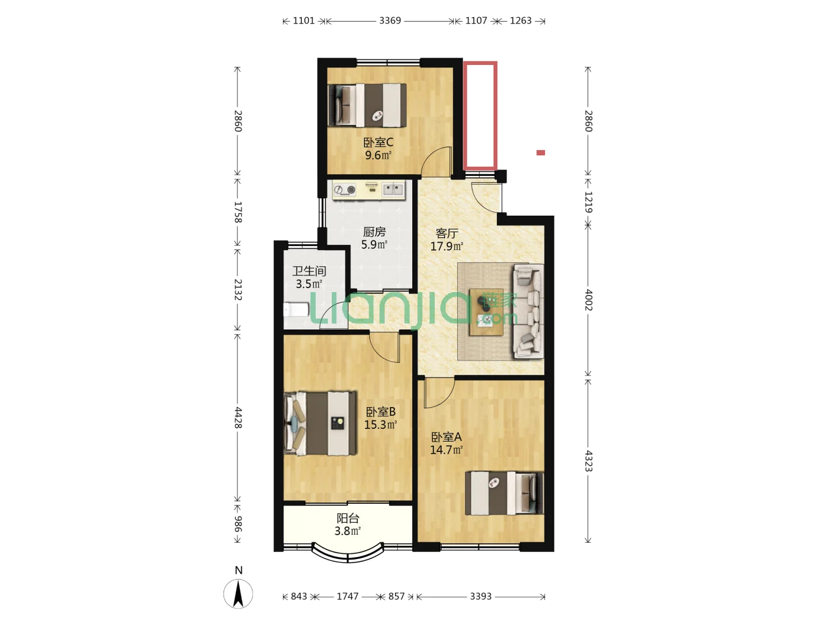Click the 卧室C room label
coord(378,143)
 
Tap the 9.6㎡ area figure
coord(378,155)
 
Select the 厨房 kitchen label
coord(374,232)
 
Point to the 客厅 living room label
coord(447,233)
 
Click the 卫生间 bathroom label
coord(309,271)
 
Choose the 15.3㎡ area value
coord(380,425)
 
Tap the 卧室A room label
coord(446,437)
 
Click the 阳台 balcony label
coord(347,519)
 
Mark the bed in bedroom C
coord(367,105)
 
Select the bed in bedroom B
coord(320,423)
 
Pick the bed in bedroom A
coord(504,493)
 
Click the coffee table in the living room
coord(486,312)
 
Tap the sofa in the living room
coord(528,311)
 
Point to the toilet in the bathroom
coord(297,309)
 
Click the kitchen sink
coord(393,189)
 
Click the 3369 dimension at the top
coord(390,20)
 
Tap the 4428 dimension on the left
coord(238,417)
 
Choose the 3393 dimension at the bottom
coord(481,596)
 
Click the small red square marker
coord(540,153)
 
